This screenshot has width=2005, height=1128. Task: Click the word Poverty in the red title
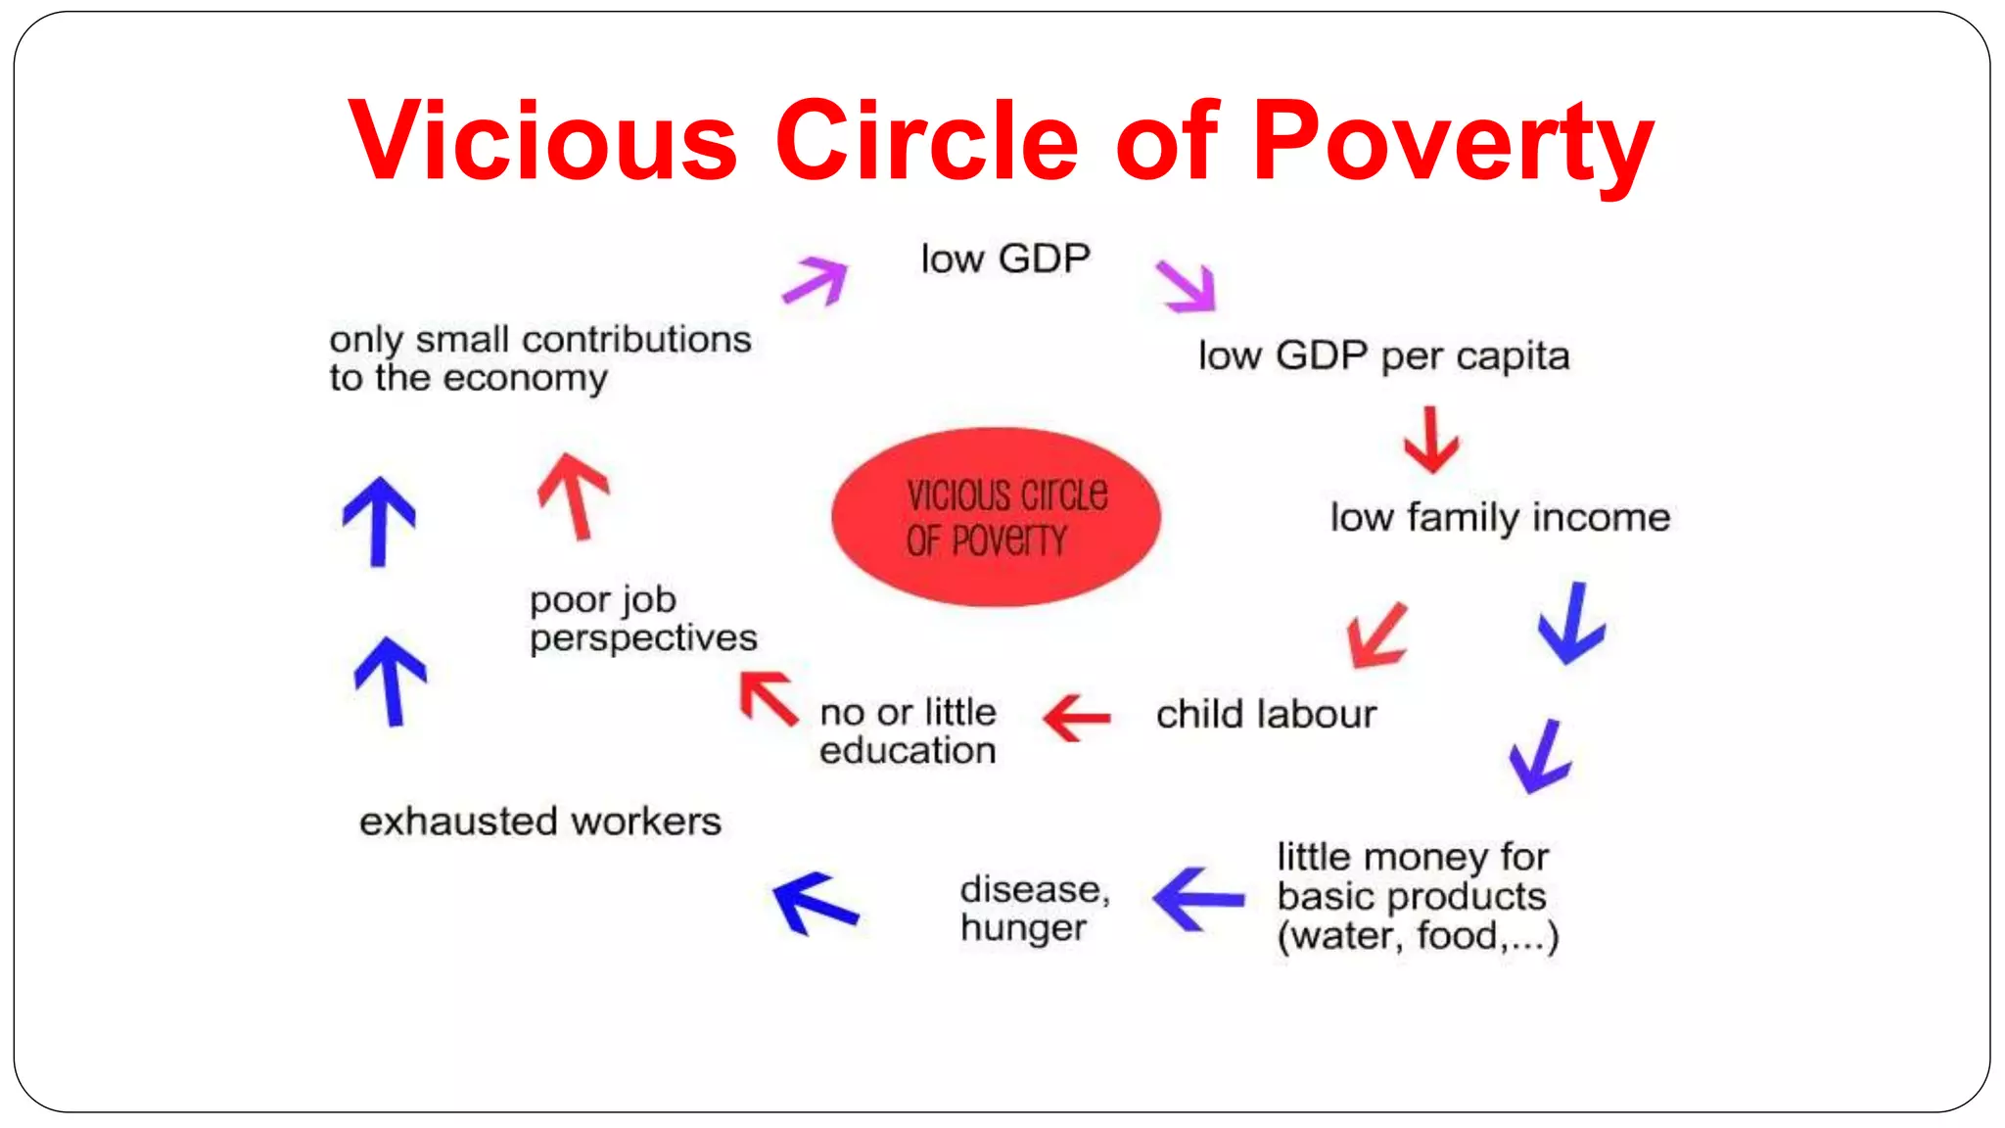pyautogui.click(x=1453, y=143)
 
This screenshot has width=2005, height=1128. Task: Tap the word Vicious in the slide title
pyautogui.click(x=542, y=143)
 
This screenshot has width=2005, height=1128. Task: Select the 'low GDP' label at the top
pyautogui.click(x=1005, y=259)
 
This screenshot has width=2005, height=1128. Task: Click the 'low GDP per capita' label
pyautogui.click(x=1383, y=356)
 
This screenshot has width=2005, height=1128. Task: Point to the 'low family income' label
pyautogui.click(x=1499, y=518)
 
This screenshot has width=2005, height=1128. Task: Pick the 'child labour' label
pyautogui.click(x=1266, y=715)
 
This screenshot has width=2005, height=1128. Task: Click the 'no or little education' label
pyautogui.click(x=908, y=731)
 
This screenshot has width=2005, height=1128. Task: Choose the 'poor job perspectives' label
pyautogui.click(x=643, y=619)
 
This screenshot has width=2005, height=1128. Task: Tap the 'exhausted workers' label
pyautogui.click(x=540, y=822)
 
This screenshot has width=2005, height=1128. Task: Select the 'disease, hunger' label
pyautogui.click(x=1035, y=909)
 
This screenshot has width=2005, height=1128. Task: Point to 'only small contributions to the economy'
pyautogui.click(x=539, y=358)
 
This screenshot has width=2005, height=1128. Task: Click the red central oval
pyautogui.click(x=996, y=517)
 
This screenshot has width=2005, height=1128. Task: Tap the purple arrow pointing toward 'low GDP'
pyautogui.click(x=816, y=281)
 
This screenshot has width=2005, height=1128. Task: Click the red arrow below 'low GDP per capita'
pyautogui.click(x=1431, y=441)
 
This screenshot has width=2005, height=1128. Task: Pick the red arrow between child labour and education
pyautogui.click(x=1077, y=718)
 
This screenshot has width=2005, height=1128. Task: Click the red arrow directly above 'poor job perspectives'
pyautogui.click(x=575, y=494)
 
